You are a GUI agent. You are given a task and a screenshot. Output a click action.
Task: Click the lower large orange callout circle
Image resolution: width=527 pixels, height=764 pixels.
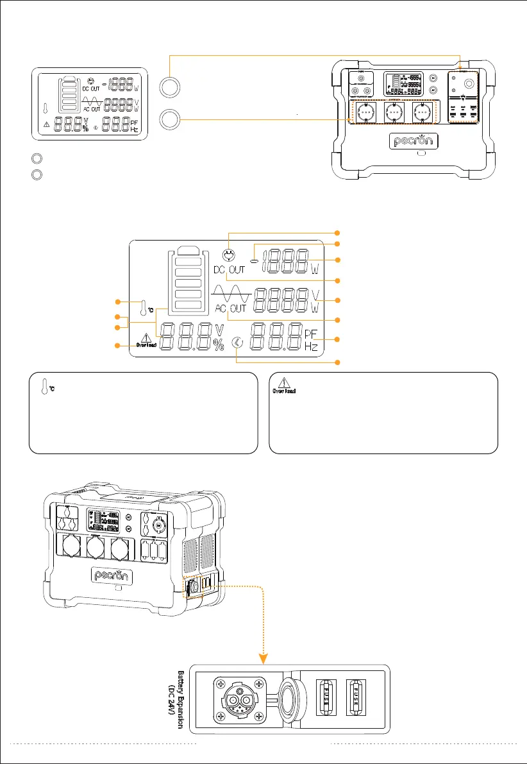point(169,120)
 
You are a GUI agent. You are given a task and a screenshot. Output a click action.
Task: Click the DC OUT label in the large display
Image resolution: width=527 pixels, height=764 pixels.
point(229,269)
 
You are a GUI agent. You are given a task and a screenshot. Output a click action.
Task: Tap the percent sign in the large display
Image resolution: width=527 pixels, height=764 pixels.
point(219,345)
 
